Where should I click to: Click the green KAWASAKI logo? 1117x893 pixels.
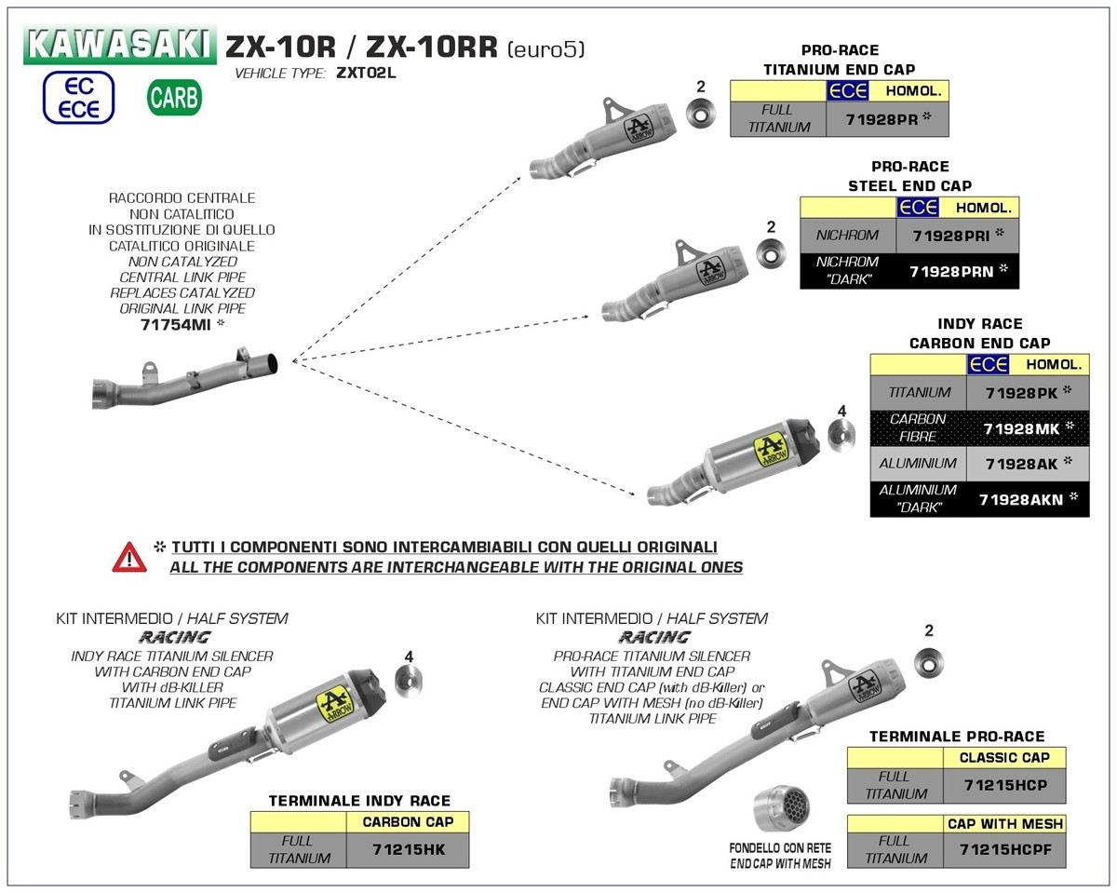click(x=120, y=45)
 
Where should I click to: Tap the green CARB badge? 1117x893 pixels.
click(x=174, y=97)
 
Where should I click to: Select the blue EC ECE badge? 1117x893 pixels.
click(x=78, y=98)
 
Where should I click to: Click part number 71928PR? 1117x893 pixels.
click(x=881, y=119)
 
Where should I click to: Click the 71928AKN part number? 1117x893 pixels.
click(x=1021, y=499)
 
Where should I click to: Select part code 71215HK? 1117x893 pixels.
click(x=407, y=850)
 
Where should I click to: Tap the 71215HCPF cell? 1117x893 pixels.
click(x=1003, y=850)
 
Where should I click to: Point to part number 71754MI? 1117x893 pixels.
click(x=173, y=324)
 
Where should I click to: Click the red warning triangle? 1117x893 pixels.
click(x=129, y=557)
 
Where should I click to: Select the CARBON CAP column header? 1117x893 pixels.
click(x=408, y=821)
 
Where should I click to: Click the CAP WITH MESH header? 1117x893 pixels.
click(x=1004, y=823)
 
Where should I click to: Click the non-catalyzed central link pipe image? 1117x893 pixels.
click(x=185, y=379)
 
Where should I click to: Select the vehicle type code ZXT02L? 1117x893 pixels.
click(x=365, y=73)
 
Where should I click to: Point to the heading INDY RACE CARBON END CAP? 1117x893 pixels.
click(x=979, y=333)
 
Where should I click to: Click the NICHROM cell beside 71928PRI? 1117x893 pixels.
click(x=847, y=236)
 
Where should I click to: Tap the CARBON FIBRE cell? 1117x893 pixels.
click(x=918, y=427)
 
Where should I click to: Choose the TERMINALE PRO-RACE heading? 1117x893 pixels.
click(x=956, y=737)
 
